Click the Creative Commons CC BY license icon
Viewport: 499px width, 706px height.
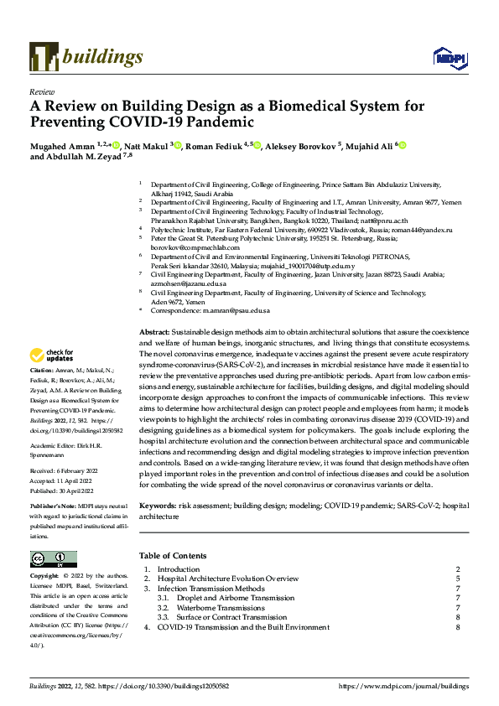tap(52, 559)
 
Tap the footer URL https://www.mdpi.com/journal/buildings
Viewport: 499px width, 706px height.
tap(403, 686)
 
